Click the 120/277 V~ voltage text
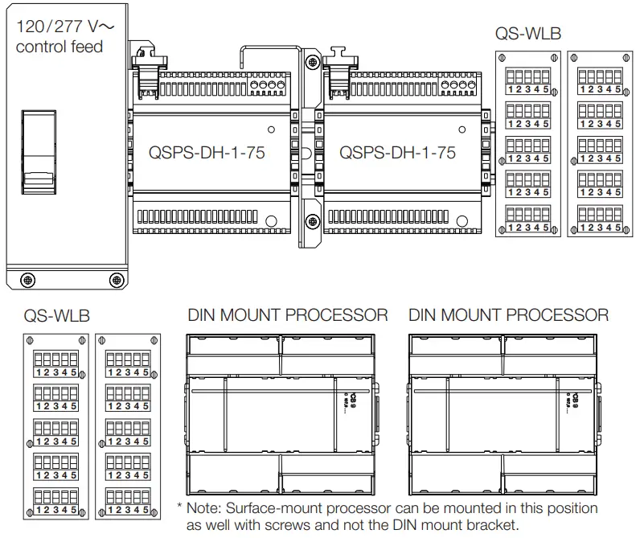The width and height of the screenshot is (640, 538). pyautogui.click(x=64, y=25)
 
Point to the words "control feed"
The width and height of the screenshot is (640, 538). pyautogui.click(x=59, y=47)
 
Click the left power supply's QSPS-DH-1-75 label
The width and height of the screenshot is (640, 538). pyautogui.click(x=207, y=152)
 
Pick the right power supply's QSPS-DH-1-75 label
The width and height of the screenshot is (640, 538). pyautogui.click(x=397, y=152)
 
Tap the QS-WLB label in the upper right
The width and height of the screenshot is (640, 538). pyautogui.click(x=527, y=34)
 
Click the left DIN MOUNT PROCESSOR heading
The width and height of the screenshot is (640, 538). pyautogui.click(x=288, y=315)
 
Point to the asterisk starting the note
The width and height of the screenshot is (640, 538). pyautogui.click(x=179, y=507)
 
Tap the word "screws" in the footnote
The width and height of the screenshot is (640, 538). pyautogui.click(x=302, y=526)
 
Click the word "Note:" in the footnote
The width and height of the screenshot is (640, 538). pyautogui.click(x=205, y=509)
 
